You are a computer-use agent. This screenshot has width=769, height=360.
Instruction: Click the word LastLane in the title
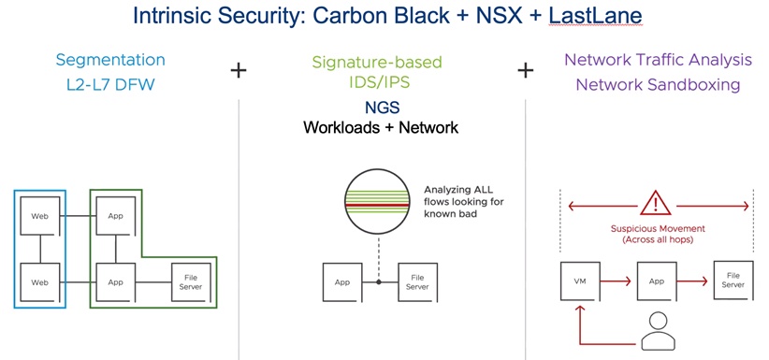coord(595,16)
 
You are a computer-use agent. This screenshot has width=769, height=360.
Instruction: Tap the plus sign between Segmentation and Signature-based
coord(239,71)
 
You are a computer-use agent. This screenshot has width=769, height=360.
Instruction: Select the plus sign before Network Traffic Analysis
coord(525,71)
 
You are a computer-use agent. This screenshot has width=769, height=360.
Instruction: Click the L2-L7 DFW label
coord(110,85)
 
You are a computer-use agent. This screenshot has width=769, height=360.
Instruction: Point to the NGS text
coord(381,107)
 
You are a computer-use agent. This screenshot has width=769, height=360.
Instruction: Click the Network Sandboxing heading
coord(658,84)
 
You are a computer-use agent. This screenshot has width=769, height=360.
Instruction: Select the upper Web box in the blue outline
coord(39,216)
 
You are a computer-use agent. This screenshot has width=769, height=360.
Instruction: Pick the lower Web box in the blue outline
coord(39,282)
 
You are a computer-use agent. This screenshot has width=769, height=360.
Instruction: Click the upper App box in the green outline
coord(115,216)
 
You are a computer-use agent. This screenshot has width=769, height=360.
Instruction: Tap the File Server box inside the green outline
coord(191,282)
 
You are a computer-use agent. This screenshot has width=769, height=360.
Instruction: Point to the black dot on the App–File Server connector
coord(379,282)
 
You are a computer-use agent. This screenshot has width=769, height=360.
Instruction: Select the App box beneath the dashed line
coord(341,282)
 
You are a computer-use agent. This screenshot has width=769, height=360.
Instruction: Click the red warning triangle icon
coord(655,203)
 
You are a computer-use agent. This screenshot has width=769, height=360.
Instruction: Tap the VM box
coord(580,281)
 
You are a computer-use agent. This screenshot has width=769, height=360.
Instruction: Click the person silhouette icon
coord(658,332)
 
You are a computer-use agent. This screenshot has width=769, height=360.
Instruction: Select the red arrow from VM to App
coord(616,281)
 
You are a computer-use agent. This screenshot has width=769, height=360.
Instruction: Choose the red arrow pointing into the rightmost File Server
coord(692,281)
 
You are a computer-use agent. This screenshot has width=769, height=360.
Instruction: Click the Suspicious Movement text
coord(658,228)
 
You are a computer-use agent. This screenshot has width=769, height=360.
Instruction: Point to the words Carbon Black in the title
coord(381,16)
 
